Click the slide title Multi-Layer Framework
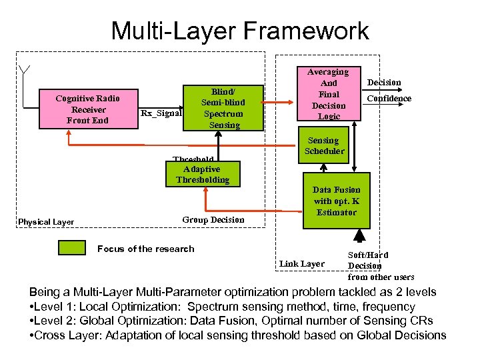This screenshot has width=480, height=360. pyautogui.click(x=239, y=31)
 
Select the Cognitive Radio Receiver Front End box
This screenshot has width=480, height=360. pyautogui.click(x=87, y=109)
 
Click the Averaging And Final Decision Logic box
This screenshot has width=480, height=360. pyautogui.click(x=329, y=94)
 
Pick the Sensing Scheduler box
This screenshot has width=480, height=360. pyautogui.click(x=325, y=146)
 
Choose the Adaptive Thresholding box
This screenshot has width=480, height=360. pyautogui.click(x=202, y=174)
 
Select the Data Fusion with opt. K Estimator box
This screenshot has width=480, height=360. pyautogui.click(x=337, y=201)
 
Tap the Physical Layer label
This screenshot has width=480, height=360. pyautogui.click(x=46, y=222)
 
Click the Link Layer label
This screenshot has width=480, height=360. pyautogui.click(x=302, y=264)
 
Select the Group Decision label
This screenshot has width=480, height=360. pyautogui.click(x=213, y=219)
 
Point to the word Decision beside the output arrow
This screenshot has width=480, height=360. pyautogui.click(x=384, y=83)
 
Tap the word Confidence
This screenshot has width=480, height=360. pyautogui.click(x=389, y=99)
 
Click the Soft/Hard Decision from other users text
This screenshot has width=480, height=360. pyautogui.click(x=381, y=265)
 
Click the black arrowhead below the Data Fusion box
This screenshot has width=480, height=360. pyautogui.click(x=360, y=235)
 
